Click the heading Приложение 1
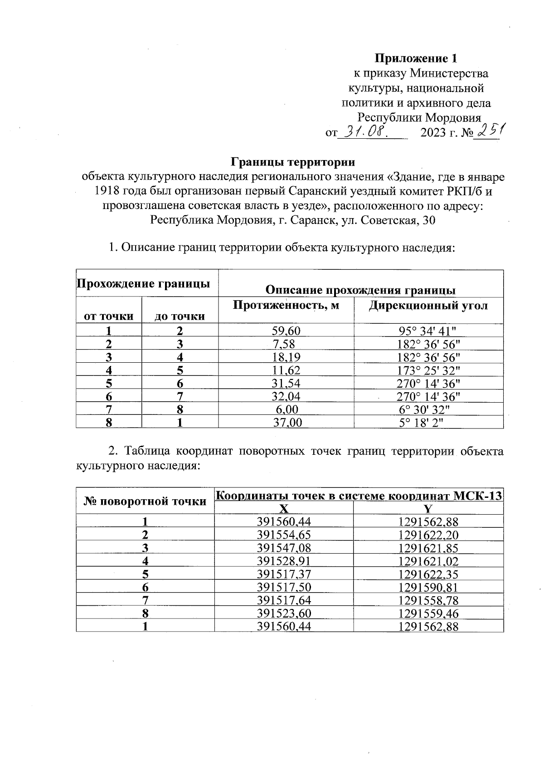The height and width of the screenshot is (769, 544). [x=415, y=58]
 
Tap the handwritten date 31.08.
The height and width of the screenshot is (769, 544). [x=365, y=132]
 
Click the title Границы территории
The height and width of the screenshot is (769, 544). [x=293, y=162]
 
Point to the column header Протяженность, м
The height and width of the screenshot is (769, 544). [x=286, y=306]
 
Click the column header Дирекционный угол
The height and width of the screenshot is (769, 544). [x=428, y=306]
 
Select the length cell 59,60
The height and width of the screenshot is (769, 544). [x=286, y=331]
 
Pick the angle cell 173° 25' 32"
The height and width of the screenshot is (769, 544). [x=428, y=370]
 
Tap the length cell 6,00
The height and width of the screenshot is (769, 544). [x=286, y=409]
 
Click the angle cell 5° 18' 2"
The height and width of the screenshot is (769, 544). [x=428, y=423]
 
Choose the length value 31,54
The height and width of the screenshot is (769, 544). [x=286, y=383]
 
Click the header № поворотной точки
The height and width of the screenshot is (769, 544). [x=145, y=501]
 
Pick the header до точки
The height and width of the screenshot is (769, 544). [x=180, y=316]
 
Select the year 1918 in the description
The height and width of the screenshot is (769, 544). [x=107, y=191]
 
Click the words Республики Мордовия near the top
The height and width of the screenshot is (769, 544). [x=419, y=118]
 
